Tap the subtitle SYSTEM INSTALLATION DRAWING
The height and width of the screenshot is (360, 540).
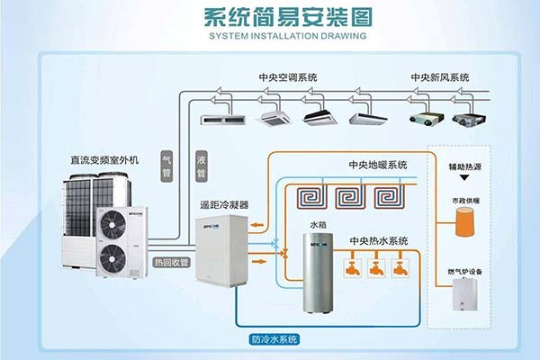tap(270, 37)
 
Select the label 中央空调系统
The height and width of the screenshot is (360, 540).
tap(287, 77)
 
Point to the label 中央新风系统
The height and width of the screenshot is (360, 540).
tap(440, 77)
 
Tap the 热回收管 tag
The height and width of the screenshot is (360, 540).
tap(171, 263)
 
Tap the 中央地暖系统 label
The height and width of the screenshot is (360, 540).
tap(378, 166)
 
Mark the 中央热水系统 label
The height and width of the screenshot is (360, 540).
tap(378, 240)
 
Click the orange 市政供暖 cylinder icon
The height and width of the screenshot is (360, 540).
tap(464, 220)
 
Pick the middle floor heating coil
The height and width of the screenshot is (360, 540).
tap(348, 196)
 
